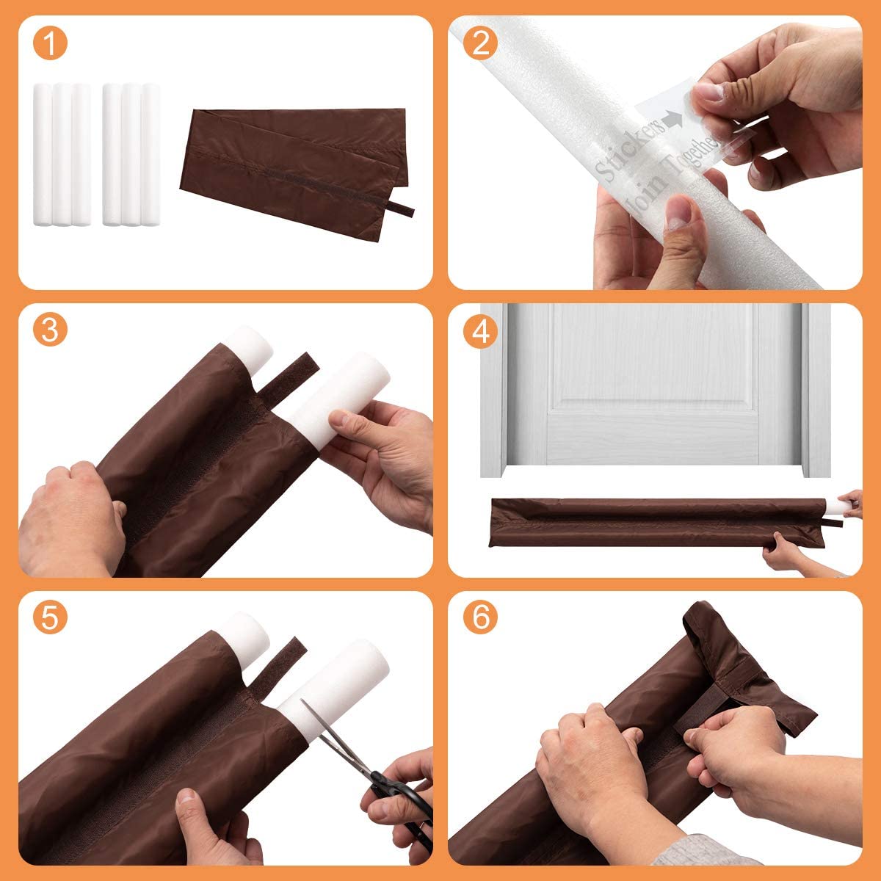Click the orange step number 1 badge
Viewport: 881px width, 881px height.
49,43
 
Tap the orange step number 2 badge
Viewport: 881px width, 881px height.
481,43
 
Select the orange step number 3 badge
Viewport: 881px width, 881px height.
49,331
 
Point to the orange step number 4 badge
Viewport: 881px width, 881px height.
481,331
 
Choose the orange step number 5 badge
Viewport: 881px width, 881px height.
49,618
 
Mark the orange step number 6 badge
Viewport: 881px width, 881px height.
481,618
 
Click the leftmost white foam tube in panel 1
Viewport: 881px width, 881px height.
43,154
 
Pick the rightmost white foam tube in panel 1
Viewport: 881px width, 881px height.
151,154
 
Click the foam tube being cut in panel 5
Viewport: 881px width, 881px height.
338,683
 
